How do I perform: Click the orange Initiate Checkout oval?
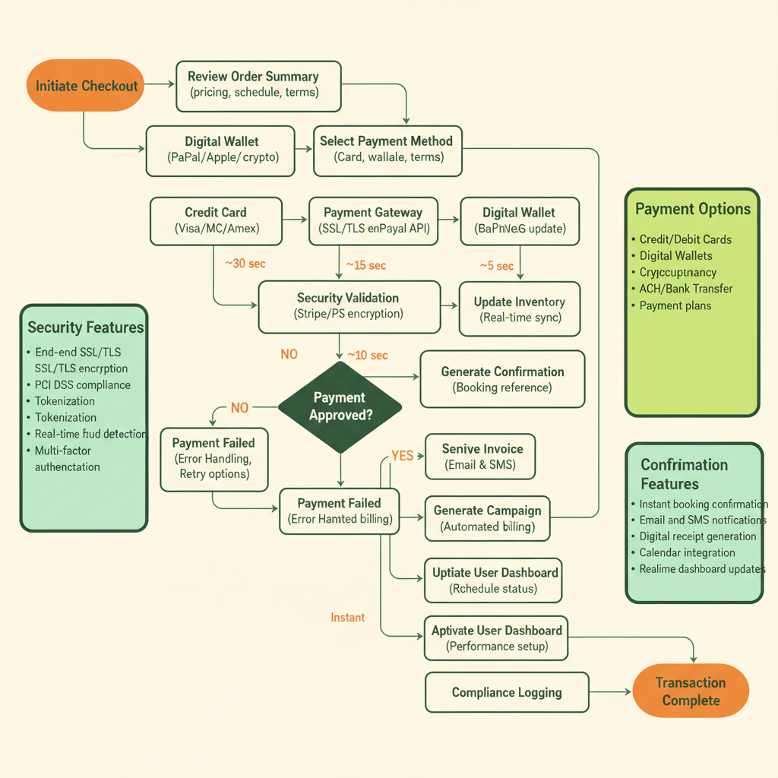tap(87, 86)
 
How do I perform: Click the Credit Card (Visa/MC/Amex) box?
tap(216, 221)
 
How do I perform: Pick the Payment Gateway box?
tap(373, 221)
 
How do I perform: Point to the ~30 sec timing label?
tap(245, 264)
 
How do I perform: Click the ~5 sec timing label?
tap(496, 266)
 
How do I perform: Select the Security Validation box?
tap(349, 306)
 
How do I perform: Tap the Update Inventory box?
tap(520, 309)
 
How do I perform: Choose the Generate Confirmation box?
tap(502, 379)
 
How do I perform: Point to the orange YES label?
tap(402, 456)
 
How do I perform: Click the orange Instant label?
tap(347, 618)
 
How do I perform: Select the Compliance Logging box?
tap(507, 692)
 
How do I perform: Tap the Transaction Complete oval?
tap(690, 691)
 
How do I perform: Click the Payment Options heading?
tap(692, 210)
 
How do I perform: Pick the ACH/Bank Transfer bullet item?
tap(685, 289)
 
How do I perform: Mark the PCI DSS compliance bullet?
tap(82, 384)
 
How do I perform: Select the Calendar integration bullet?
tap(687, 552)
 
